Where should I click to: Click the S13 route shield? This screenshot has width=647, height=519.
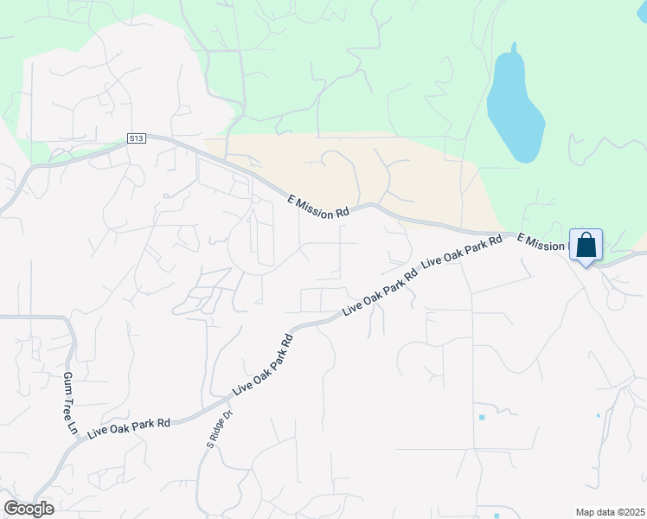(136, 138)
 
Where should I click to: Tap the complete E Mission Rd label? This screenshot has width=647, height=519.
(318, 207)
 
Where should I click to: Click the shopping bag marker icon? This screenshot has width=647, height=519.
(586, 245)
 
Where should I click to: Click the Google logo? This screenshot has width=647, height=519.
(29, 509)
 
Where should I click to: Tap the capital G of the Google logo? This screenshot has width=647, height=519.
(10, 509)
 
